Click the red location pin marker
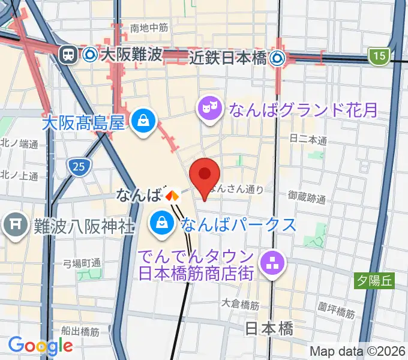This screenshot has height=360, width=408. pyautogui.click(x=205, y=175)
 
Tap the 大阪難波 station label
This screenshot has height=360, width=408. pyautogui.click(x=131, y=55)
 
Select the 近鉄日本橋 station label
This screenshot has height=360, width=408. pyautogui.click(x=228, y=58)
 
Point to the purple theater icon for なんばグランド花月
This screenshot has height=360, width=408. pyautogui.click(x=209, y=109)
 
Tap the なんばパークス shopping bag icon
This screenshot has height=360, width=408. pyautogui.click(x=162, y=223)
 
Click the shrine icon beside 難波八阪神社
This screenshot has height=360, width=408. pyautogui.click(x=13, y=225)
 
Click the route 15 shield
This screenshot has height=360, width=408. pyautogui.click(x=379, y=56)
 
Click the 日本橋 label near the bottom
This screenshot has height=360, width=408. pyautogui.click(x=269, y=329)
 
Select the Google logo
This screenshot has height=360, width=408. pyautogui.click(x=40, y=346)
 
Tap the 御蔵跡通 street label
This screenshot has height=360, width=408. pyautogui.click(x=306, y=197)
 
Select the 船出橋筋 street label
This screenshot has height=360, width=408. pyautogui.click(x=80, y=331)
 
